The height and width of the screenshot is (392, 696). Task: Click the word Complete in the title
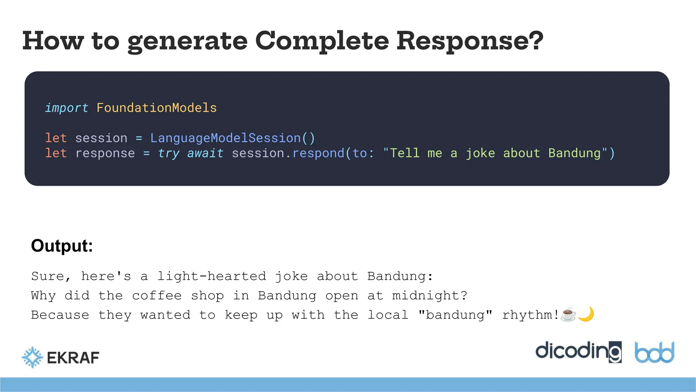(321, 41)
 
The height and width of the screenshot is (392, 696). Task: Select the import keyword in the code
(67, 108)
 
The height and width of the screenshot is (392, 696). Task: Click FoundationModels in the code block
(156, 108)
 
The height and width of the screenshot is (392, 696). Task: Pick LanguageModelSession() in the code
(232, 138)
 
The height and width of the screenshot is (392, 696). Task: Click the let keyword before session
(56, 138)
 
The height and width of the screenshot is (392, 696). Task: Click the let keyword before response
(56, 153)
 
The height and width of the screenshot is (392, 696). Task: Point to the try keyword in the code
(169, 153)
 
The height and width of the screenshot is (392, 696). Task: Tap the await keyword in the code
(205, 153)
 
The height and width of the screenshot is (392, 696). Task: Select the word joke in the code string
(480, 153)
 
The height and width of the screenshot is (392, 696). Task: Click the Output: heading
(62, 246)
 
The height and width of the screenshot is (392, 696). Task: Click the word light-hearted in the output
(211, 276)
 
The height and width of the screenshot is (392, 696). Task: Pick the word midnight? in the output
(430, 295)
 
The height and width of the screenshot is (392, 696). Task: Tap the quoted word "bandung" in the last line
(455, 315)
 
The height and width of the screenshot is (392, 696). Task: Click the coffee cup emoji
(569, 314)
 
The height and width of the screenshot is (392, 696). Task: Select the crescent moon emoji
(586, 314)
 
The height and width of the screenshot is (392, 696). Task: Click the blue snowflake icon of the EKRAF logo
(33, 357)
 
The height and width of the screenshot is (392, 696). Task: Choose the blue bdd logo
(654, 353)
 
